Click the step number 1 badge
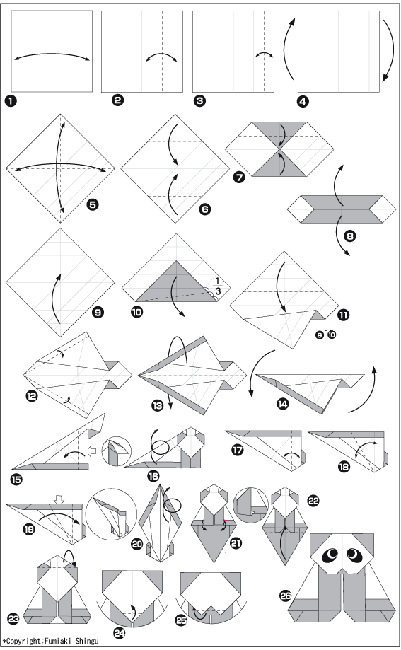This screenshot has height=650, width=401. click(11, 100)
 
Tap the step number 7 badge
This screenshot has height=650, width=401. click(239, 178)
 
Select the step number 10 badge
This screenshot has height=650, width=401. click(136, 311)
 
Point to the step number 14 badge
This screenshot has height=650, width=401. click(283, 403)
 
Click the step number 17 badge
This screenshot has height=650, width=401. click(238, 450)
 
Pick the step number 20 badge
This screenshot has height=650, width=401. click(136, 544)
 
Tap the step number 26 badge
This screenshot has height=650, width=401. click(286, 596)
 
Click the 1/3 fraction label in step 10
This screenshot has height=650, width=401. click(218, 286)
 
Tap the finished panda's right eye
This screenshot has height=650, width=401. click(353, 553)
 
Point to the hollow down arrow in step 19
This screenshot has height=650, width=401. click(59, 499)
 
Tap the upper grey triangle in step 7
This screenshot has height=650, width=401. click(279, 133)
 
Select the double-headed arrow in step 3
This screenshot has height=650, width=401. click(265, 54)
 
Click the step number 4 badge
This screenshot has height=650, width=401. click(303, 101)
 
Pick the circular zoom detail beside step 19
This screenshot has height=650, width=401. click(111, 514)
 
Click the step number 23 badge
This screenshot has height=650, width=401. click(13, 619)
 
